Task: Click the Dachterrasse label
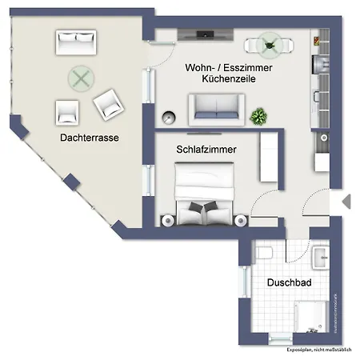pyautogui.click(x=89, y=138)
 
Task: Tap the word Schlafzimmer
pyautogui.click(x=206, y=149)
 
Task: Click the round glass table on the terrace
pyautogui.click(x=80, y=78)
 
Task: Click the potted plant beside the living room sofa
pyautogui.click(x=258, y=116)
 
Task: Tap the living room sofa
pyautogui.click(x=216, y=107)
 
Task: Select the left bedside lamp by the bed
pyautogui.click(x=166, y=218)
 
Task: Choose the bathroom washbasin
pyautogui.click(x=321, y=256)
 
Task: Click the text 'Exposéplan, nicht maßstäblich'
pyautogui.click(x=320, y=350)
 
